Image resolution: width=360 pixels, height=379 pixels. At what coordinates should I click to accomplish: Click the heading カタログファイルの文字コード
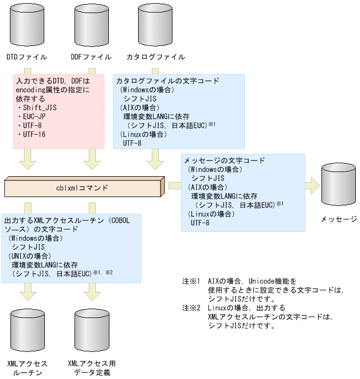[x=167, y=81]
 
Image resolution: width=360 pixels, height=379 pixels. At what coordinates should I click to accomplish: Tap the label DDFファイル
[x=91, y=57]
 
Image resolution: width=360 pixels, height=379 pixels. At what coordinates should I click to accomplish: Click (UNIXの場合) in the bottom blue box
[x=29, y=255]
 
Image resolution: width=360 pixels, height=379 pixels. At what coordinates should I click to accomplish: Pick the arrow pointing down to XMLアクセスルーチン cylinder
[x=27, y=292]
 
